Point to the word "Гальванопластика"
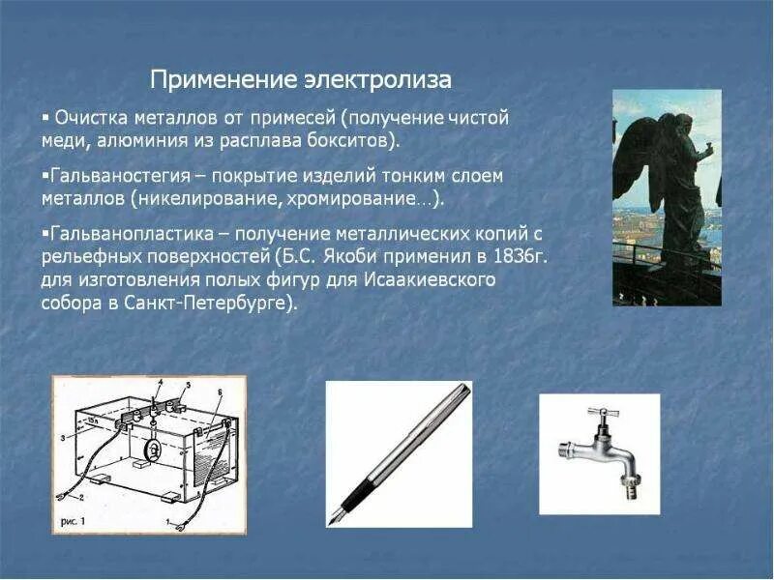coord(117,235)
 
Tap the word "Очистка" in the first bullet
coord(88,118)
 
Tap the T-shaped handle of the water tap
coord(602,415)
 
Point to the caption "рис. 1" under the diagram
coord(76,519)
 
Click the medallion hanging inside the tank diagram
coord(153,449)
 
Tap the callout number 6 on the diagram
coord(221,391)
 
